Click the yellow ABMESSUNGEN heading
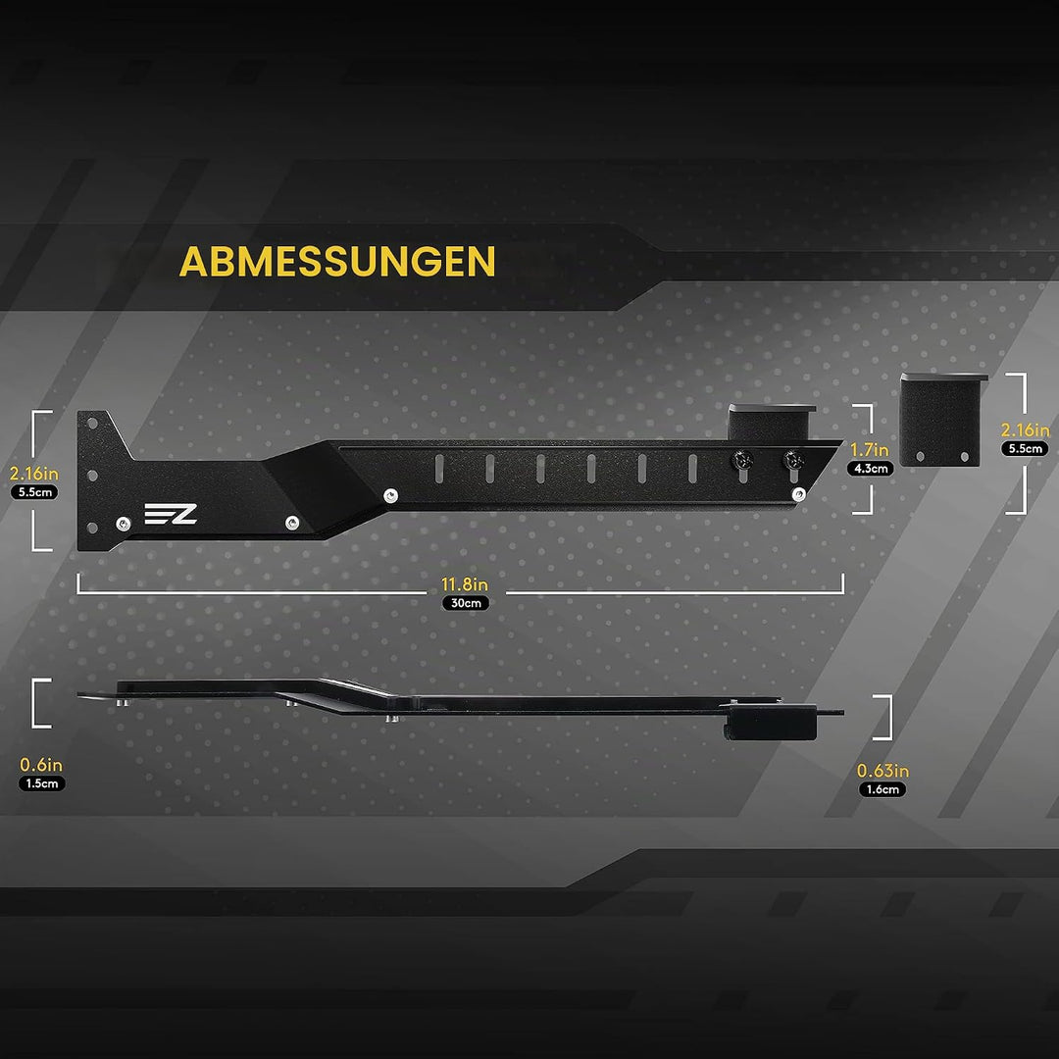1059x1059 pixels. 337,262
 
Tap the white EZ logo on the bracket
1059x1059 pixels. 171,514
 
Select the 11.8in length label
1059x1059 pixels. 465,584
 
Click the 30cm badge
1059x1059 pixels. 466,603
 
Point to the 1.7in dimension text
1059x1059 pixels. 869,450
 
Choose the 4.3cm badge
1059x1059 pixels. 870,469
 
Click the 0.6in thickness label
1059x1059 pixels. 41,765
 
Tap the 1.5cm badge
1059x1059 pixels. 42,783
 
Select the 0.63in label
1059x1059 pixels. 882,771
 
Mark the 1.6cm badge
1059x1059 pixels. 882,789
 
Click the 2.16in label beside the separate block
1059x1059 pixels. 1026,430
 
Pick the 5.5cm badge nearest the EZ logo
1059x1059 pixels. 34,492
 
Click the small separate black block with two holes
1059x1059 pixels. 942,420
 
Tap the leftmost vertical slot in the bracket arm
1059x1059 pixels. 439,469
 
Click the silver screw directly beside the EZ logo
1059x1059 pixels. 123,524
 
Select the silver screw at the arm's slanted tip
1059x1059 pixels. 799,493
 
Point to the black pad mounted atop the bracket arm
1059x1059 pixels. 772,422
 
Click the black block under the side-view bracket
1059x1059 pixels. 770,722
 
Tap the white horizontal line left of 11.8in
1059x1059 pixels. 252,592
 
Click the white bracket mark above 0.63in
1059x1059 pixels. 887,717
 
